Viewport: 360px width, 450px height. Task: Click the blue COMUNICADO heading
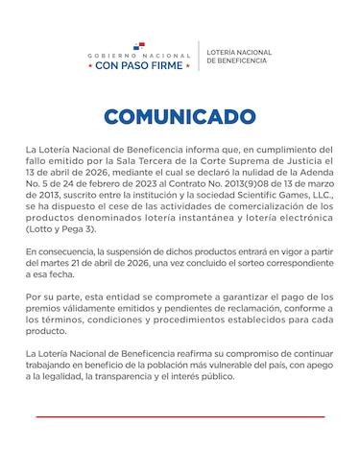tap(180, 117)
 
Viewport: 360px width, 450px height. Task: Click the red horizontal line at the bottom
tap(180, 416)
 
